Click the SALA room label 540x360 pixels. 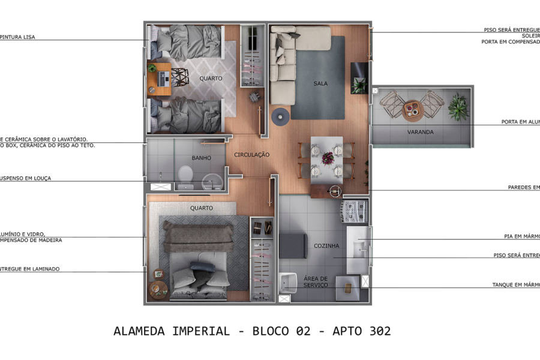click(x=320, y=83)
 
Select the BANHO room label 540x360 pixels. click(x=201, y=158)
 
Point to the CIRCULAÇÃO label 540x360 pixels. click(x=252, y=155)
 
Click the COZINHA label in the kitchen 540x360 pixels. click(x=326, y=246)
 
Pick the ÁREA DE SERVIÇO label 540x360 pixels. click(x=315, y=281)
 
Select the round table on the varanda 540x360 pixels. click(x=413, y=109)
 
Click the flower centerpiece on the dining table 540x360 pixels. click(x=328, y=158)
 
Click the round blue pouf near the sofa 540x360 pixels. click(x=280, y=116)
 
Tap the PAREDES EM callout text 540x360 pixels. click(x=523, y=187)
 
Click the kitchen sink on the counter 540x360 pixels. click(x=359, y=247)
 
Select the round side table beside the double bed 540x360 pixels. click(x=158, y=289)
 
